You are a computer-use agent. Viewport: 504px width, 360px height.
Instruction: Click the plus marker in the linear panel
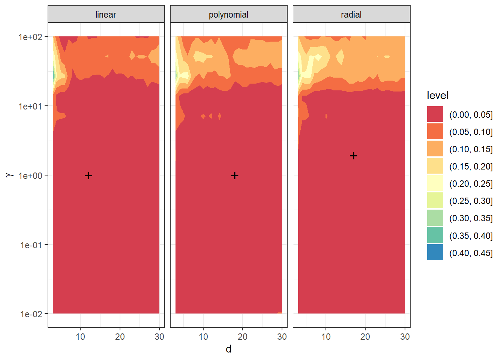pyautogui.click(x=88, y=175)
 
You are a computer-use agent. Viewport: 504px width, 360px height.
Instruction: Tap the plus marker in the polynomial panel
pyautogui.click(x=235, y=175)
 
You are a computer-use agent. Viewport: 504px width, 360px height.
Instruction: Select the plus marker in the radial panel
pyautogui.click(x=353, y=156)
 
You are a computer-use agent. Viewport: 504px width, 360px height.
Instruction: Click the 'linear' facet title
pyautogui.click(x=106, y=15)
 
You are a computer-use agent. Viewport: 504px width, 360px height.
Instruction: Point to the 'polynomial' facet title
pyautogui.click(x=228, y=15)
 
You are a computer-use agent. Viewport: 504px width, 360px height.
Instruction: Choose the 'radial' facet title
pyautogui.click(x=351, y=15)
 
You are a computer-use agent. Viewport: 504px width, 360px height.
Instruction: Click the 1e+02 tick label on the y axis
pyautogui.click(x=30, y=37)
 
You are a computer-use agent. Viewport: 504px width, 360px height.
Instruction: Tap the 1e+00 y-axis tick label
pyautogui.click(x=30, y=175)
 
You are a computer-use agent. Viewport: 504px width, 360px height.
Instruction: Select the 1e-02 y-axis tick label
pyautogui.click(x=31, y=314)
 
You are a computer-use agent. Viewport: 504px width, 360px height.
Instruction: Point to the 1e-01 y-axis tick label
pyautogui.click(x=31, y=245)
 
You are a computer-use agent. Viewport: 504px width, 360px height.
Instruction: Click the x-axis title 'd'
pyautogui.click(x=228, y=349)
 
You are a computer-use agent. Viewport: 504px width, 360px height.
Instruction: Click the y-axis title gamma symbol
pyautogui.click(x=9, y=175)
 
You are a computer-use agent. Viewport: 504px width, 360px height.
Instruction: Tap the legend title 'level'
pyautogui.click(x=438, y=96)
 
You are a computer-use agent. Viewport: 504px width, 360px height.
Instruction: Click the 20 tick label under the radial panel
pyautogui.click(x=365, y=337)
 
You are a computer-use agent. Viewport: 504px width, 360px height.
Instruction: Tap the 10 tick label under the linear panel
pyautogui.click(x=80, y=337)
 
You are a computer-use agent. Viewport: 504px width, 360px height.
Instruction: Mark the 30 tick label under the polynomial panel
pyautogui.click(x=282, y=337)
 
